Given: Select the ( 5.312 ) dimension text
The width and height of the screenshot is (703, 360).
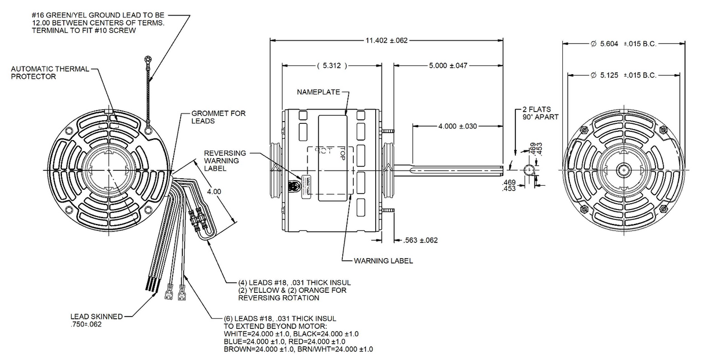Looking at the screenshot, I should (x=332, y=66).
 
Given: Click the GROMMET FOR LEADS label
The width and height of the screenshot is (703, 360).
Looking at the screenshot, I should (x=212, y=117).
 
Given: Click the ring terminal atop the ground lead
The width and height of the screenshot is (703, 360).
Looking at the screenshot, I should (x=149, y=58).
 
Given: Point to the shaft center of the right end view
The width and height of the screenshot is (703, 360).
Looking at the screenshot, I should (x=623, y=170).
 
